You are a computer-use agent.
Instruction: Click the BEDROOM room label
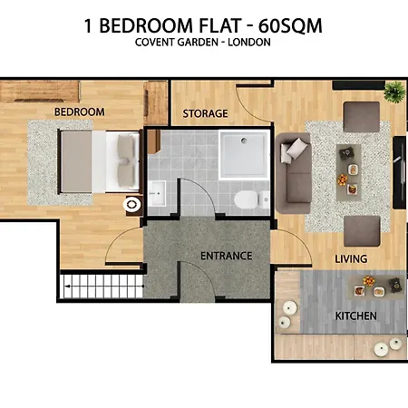pyautogui.click(x=80, y=112)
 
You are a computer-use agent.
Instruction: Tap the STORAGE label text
pyautogui.click(x=205, y=113)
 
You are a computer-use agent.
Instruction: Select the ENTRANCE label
pyautogui.click(x=227, y=256)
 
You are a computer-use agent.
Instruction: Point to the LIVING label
pyautogui.click(x=351, y=259)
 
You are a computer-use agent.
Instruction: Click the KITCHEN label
pyautogui.click(x=356, y=316)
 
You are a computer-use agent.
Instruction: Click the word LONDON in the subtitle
pyautogui.click(x=249, y=43)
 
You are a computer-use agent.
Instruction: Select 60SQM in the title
pyautogui.click(x=290, y=25)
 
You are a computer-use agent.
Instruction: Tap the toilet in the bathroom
pyautogui.click(x=252, y=199)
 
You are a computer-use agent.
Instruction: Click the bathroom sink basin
pyautogui.click(x=157, y=193)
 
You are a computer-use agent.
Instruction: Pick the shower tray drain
pyautogui.click(x=244, y=141)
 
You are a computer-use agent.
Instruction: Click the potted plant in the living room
pyautogui.click(x=394, y=92)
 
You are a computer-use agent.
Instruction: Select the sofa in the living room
pyautogui.click(x=293, y=173)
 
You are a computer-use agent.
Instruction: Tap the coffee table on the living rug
pyautogui.click(x=349, y=172)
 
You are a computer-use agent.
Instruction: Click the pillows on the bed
pyautogui.click(x=126, y=160)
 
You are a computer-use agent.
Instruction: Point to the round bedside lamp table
pyautogui.click(x=132, y=205)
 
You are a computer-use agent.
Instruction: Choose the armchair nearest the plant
pyautogui.click(x=362, y=117)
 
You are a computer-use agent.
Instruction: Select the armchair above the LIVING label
pyautogui.click(x=362, y=231)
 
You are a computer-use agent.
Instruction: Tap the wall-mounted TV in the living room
pyautogui.click(x=400, y=172)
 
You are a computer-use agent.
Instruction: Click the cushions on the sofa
pyautogui.click(x=291, y=151)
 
